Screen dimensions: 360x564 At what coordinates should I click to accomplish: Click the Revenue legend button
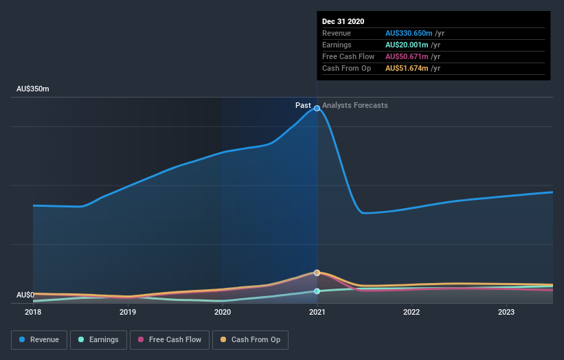(40, 339)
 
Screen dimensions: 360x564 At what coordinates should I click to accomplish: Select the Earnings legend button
(98, 339)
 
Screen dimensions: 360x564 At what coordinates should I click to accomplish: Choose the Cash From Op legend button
(250, 339)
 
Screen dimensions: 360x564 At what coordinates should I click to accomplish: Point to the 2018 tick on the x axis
(33, 312)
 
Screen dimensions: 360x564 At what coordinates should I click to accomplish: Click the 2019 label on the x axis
(128, 312)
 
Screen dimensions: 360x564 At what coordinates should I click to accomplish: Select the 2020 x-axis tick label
(223, 312)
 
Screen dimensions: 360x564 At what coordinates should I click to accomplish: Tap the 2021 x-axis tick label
(317, 312)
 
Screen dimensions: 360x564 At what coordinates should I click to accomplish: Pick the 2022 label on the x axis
(411, 312)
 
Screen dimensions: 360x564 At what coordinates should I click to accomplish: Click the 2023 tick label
(506, 312)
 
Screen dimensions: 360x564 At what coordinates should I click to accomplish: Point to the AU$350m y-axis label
(33, 89)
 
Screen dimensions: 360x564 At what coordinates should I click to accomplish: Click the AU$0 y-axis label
(25, 295)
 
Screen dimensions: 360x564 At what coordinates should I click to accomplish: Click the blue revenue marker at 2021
(317, 108)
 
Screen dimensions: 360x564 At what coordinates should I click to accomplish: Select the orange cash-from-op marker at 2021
(317, 273)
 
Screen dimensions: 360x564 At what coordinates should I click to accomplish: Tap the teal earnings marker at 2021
(317, 291)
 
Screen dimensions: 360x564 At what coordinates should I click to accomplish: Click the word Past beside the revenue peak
(303, 105)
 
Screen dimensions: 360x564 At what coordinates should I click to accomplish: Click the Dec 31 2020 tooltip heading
(343, 21)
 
